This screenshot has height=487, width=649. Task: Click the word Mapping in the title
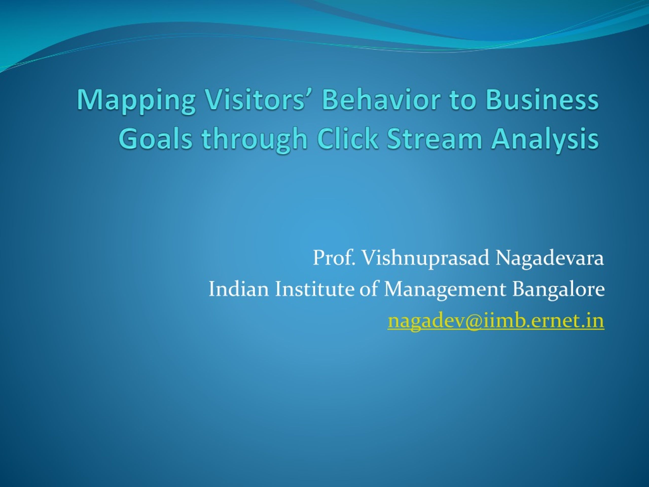[136, 101]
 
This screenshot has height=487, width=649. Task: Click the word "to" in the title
[463, 100]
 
